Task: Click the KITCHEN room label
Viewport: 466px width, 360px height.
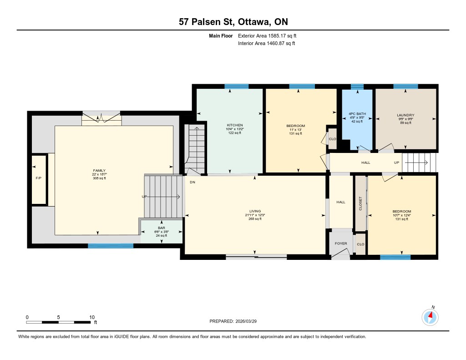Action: click(x=235, y=125)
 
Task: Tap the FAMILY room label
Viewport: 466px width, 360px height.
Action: click(x=99, y=171)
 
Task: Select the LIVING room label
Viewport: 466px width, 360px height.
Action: click(x=255, y=211)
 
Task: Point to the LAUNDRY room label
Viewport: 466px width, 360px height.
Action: click(x=405, y=115)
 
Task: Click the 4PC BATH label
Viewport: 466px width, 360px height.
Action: click(x=357, y=114)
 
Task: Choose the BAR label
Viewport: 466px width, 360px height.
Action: click(x=162, y=228)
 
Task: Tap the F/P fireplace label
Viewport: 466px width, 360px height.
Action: click(x=38, y=178)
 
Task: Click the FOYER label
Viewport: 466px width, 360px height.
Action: click(x=341, y=243)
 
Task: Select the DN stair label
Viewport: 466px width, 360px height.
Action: click(x=192, y=182)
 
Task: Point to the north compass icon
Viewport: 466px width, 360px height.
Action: click(x=430, y=317)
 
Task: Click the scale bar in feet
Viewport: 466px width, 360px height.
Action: click(x=58, y=322)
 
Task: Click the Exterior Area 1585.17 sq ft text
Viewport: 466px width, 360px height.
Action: click(x=267, y=35)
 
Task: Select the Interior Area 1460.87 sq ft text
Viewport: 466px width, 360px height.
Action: click(x=267, y=43)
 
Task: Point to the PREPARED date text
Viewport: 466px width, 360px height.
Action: click(x=233, y=321)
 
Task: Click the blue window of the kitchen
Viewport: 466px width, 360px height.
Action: click(x=237, y=86)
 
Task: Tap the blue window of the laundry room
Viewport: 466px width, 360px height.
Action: click(x=405, y=86)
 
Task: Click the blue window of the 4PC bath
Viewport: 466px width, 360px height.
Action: click(x=357, y=86)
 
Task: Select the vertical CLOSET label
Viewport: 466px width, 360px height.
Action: click(x=360, y=203)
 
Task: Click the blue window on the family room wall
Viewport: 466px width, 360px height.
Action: click(x=111, y=246)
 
